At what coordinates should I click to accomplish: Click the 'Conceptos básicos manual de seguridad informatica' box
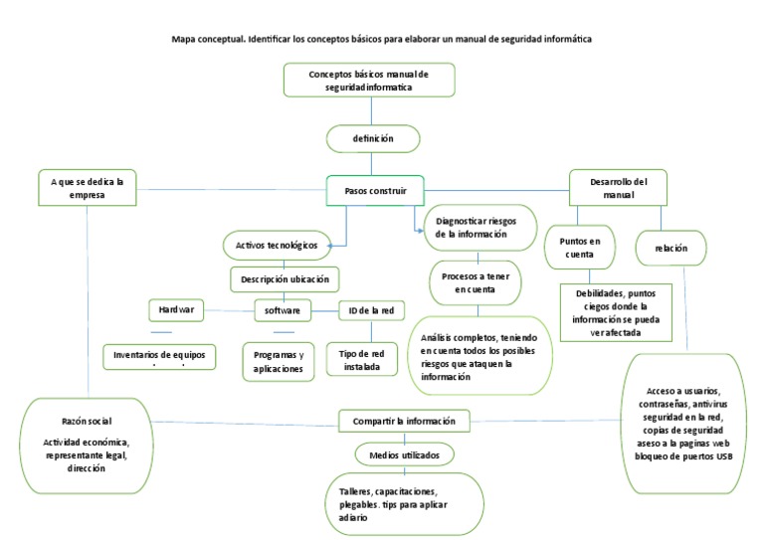click(x=368, y=81)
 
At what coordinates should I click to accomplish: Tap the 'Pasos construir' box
click(x=368, y=189)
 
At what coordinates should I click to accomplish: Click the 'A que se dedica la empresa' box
click(x=88, y=189)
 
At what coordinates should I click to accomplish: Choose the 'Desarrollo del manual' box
click(x=617, y=188)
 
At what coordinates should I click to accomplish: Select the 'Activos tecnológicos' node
click(x=276, y=245)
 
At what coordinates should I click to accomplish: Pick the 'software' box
click(x=283, y=311)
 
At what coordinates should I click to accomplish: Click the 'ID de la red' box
click(x=371, y=311)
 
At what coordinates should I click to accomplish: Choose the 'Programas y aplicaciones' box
click(x=279, y=361)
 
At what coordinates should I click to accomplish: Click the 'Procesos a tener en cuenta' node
click(x=476, y=282)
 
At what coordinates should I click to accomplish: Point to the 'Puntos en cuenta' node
click(x=581, y=247)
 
